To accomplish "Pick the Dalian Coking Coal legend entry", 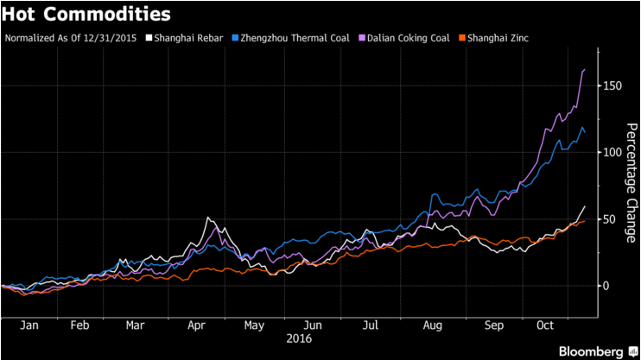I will [403, 39].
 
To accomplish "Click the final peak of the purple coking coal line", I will [585, 70].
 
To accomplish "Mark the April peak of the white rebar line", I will [207, 218].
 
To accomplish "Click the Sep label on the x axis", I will [493, 326].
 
